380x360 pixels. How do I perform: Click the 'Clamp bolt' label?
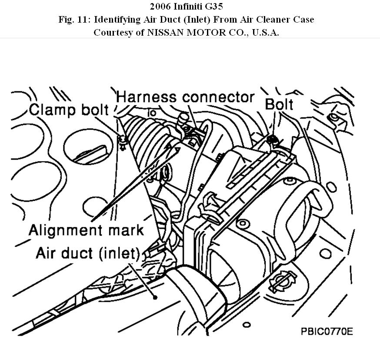click(69, 110)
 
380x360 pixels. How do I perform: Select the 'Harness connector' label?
click(185, 97)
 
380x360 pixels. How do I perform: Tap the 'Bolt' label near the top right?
click(279, 104)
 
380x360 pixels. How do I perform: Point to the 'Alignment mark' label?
click(86, 229)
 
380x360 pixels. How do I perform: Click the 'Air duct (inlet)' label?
click(87, 253)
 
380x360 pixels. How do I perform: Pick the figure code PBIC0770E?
click(327, 331)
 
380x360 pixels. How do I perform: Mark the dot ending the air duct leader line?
click(154, 297)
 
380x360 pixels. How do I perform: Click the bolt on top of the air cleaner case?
click(273, 139)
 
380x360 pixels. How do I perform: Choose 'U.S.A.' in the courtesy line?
click(263, 33)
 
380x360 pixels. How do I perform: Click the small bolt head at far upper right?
click(333, 117)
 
